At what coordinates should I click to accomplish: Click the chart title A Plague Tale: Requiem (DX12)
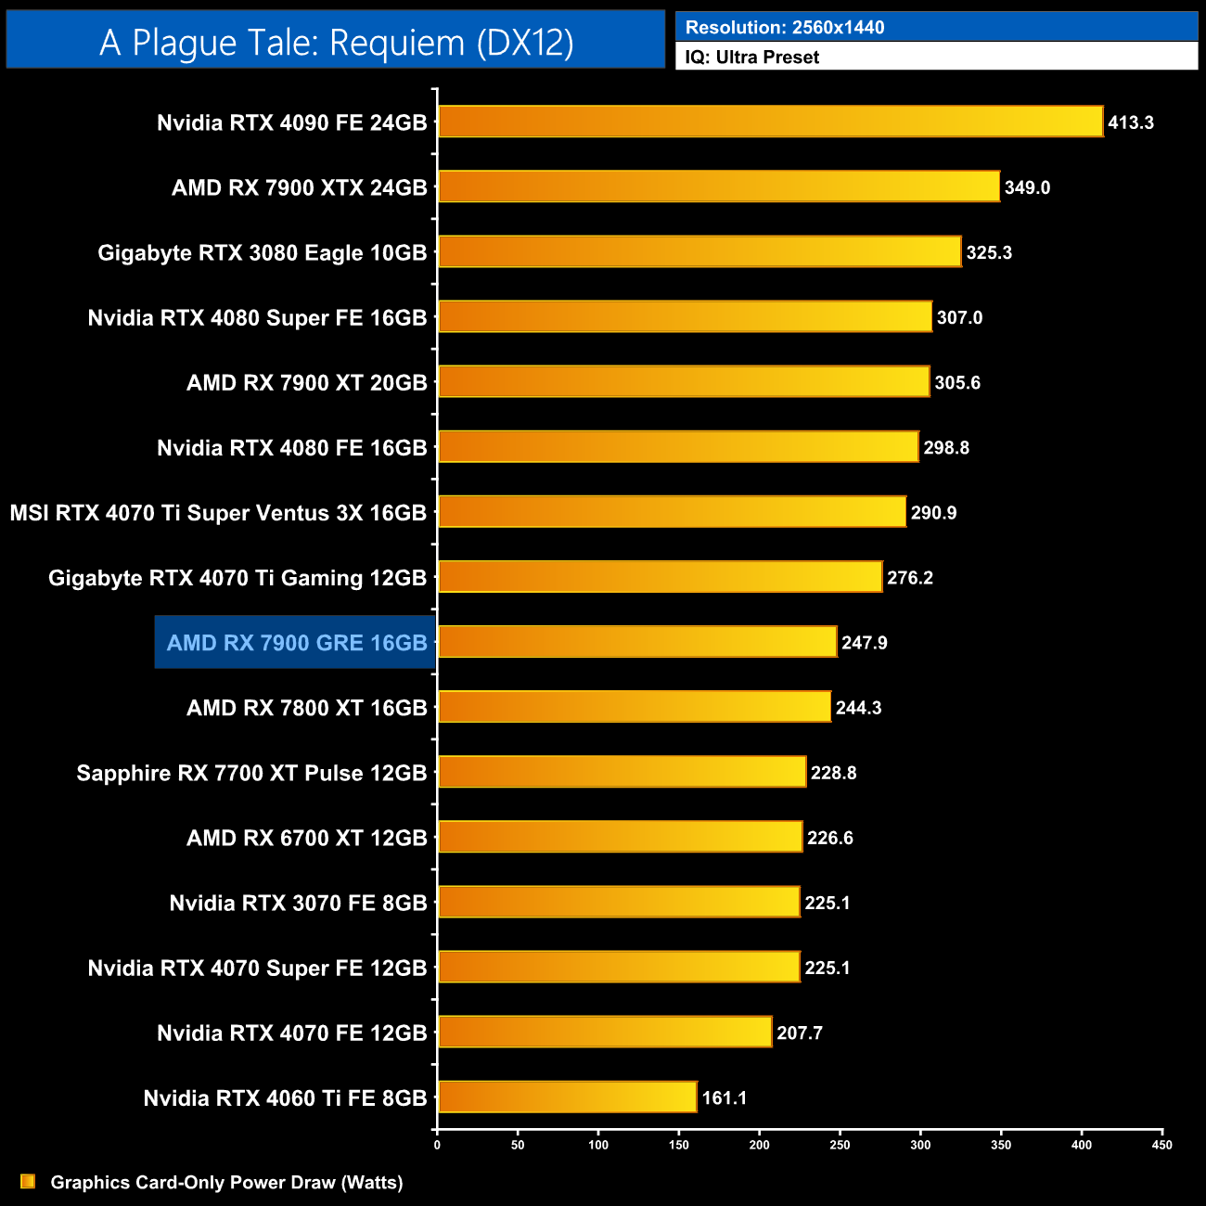(x=336, y=43)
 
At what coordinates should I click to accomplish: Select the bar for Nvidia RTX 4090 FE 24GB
(x=770, y=122)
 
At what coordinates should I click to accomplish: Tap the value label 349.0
(x=1027, y=187)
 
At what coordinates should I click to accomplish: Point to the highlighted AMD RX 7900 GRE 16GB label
(x=296, y=643)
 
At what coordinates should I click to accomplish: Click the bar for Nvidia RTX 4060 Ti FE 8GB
(x=567, y=1097)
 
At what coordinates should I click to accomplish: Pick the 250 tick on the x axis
(x=840, y=1145)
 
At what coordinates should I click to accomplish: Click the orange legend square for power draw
(x=28, y=1181)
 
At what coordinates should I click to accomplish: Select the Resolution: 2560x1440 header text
(x=785, y=28)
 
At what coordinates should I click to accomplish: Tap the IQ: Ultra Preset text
(x=752, y=58)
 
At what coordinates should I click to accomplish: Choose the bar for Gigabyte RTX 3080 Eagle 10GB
(x=699, y=251)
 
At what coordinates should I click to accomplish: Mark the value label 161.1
(x=724, y=1098)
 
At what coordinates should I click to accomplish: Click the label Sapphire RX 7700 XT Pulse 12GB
(x=251, y=773)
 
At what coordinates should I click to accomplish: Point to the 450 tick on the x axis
(x=1161, y=1145)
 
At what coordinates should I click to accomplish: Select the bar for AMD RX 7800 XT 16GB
(x=634, y=707)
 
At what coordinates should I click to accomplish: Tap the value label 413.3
(x=1130, y=122)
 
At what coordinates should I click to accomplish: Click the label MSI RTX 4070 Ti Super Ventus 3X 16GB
(x=218, y=513)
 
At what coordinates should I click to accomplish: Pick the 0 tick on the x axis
(x=437, y=1145)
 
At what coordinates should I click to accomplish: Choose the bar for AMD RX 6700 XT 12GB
(x=620, y=837)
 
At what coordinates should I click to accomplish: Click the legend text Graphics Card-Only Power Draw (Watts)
(x=226, y=1182)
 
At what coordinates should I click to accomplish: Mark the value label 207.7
(x=799, y=1033)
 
